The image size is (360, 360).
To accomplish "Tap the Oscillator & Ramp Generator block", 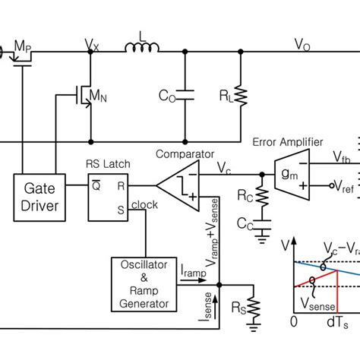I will (138, 283).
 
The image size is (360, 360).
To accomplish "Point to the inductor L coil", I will (143, 49).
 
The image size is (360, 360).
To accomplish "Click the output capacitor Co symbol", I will (184, 96).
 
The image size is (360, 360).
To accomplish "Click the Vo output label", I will (302, 45).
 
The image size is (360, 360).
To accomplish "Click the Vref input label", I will (346, 187).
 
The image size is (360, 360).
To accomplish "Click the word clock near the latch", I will (144, 204).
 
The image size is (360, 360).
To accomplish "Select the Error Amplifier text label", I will (287, 142).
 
